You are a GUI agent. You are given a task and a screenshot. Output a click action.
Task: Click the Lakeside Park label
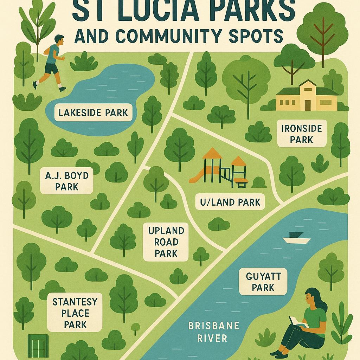click(x=93, y=113)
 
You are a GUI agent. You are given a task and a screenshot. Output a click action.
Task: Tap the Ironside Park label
click(x=302, y=134)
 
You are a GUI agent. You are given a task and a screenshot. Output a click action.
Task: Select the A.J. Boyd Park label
click(x=66, y=180)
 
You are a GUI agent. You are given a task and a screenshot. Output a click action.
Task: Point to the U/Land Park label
click(x=230, y=202)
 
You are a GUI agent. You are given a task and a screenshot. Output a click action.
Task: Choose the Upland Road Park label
click(x=166, y=242)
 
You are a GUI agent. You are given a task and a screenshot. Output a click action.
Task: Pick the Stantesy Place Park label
click(x=75, y=313)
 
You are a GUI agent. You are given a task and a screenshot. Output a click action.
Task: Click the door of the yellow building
click(x=308, y=104)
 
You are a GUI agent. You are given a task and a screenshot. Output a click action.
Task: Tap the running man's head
click(x=59, y=40)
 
